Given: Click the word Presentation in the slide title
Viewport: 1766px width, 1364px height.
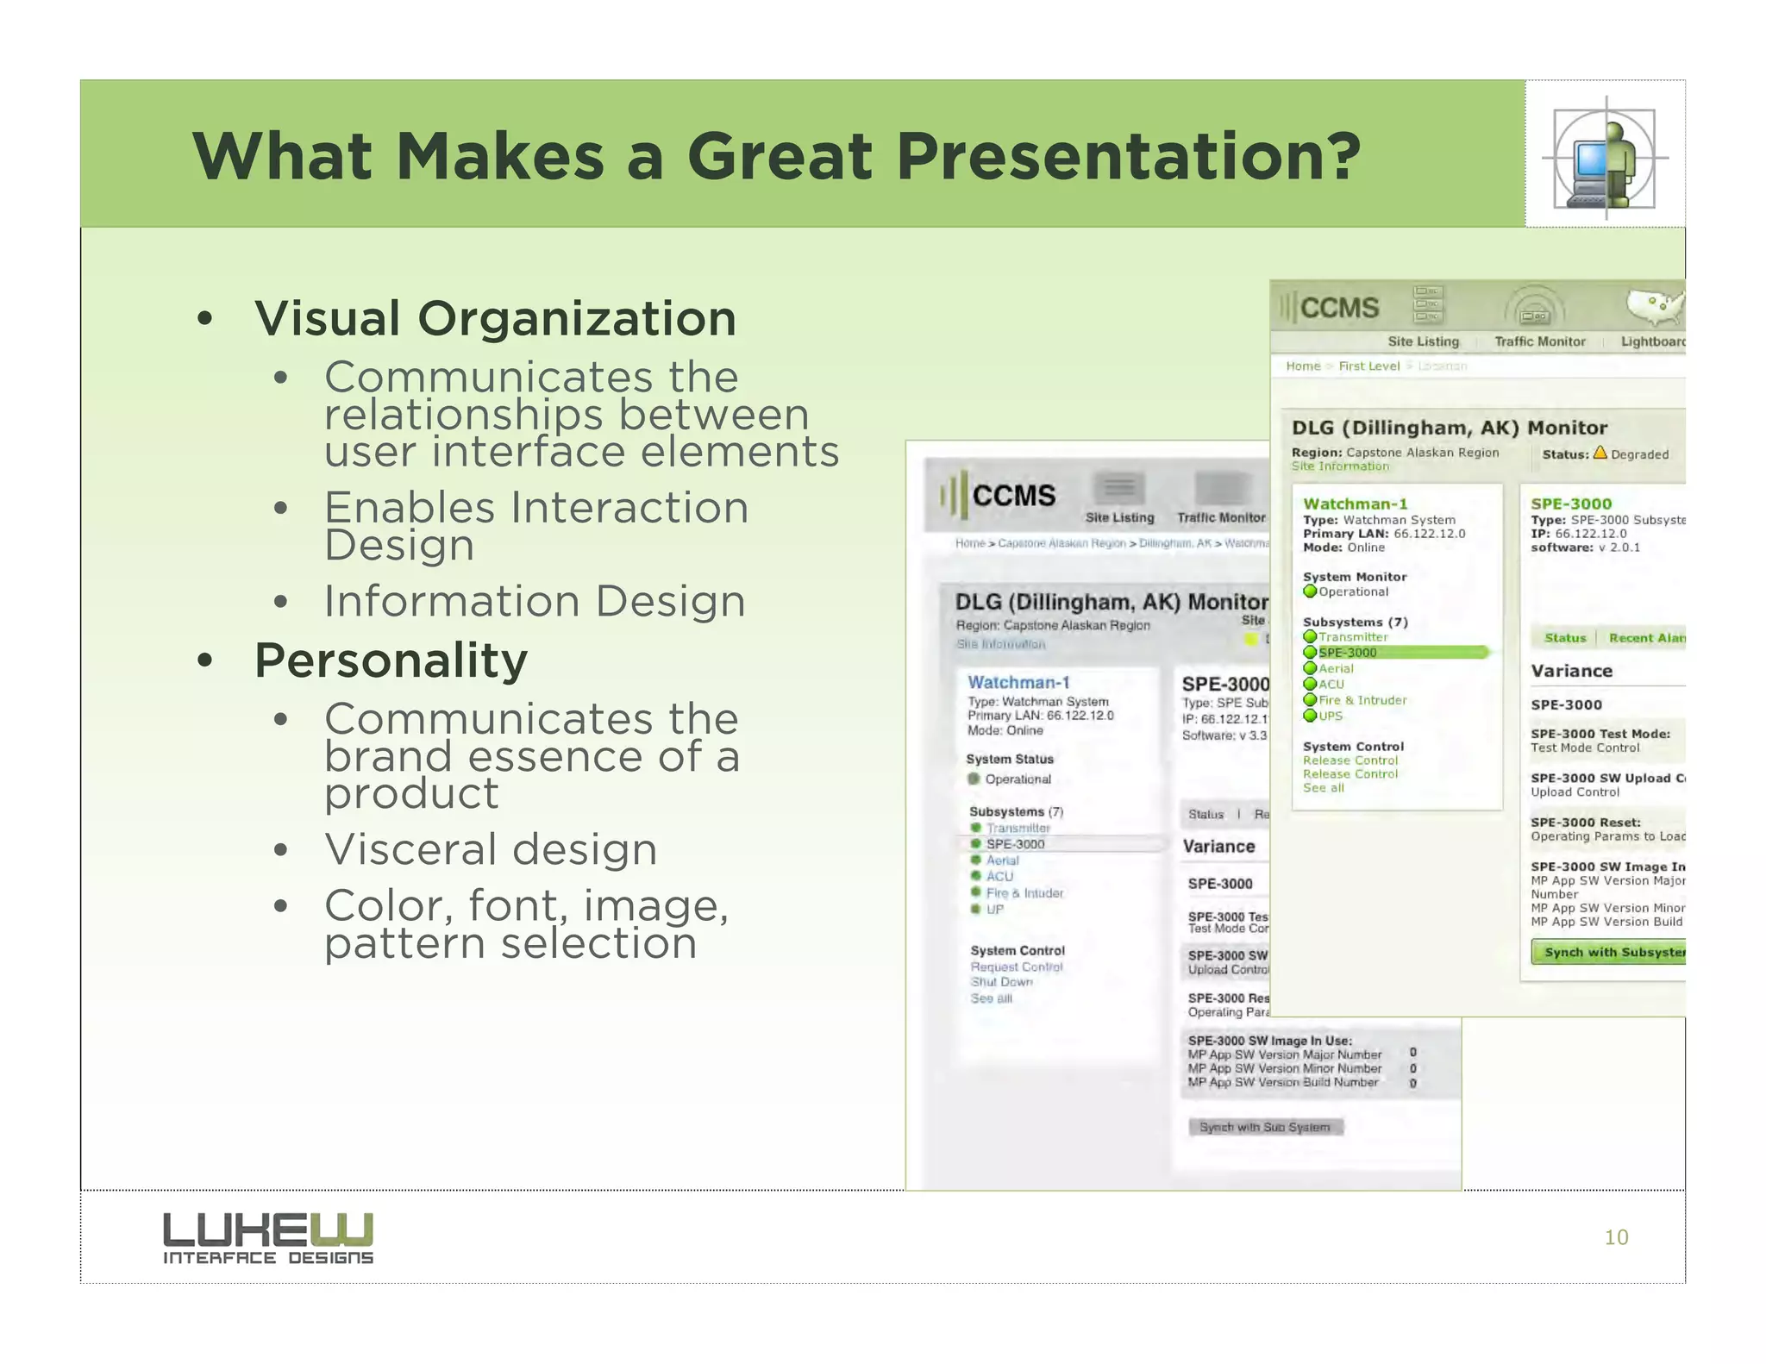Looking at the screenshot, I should point(1127,157).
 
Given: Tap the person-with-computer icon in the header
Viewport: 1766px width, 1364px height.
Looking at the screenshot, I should point(1605,159).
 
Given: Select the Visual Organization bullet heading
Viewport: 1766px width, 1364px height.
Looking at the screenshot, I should point(495,318).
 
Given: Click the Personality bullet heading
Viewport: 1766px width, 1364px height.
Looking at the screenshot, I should point(391,660).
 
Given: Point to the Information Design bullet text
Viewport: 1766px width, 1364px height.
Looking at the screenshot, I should point(535,601).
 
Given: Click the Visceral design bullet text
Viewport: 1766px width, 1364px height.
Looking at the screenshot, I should point(491,849).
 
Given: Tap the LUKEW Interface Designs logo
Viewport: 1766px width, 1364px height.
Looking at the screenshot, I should point(268,1238).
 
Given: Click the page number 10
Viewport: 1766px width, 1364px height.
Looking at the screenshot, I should point(1615,1237).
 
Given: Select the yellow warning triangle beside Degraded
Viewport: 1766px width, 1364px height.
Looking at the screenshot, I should point(1600,453).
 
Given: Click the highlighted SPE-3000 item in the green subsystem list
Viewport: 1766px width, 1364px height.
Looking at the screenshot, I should point(1348,653).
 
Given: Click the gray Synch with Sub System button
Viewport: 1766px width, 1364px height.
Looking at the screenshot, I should point(1265,1127).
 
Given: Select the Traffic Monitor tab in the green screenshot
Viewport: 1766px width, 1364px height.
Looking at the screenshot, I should point(1539,341).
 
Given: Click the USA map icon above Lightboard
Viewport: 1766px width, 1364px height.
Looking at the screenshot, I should point(1654,306).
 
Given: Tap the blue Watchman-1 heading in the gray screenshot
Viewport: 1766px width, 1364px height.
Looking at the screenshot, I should point(1018,682).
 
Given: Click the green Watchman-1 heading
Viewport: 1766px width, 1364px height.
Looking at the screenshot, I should point(1355,504).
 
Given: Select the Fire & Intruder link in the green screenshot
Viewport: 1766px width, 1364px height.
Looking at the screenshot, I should point(1362,700).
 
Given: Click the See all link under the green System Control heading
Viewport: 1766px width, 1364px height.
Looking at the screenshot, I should point(1323,788).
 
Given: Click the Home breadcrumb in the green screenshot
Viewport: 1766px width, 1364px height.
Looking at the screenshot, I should point(1303,366).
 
